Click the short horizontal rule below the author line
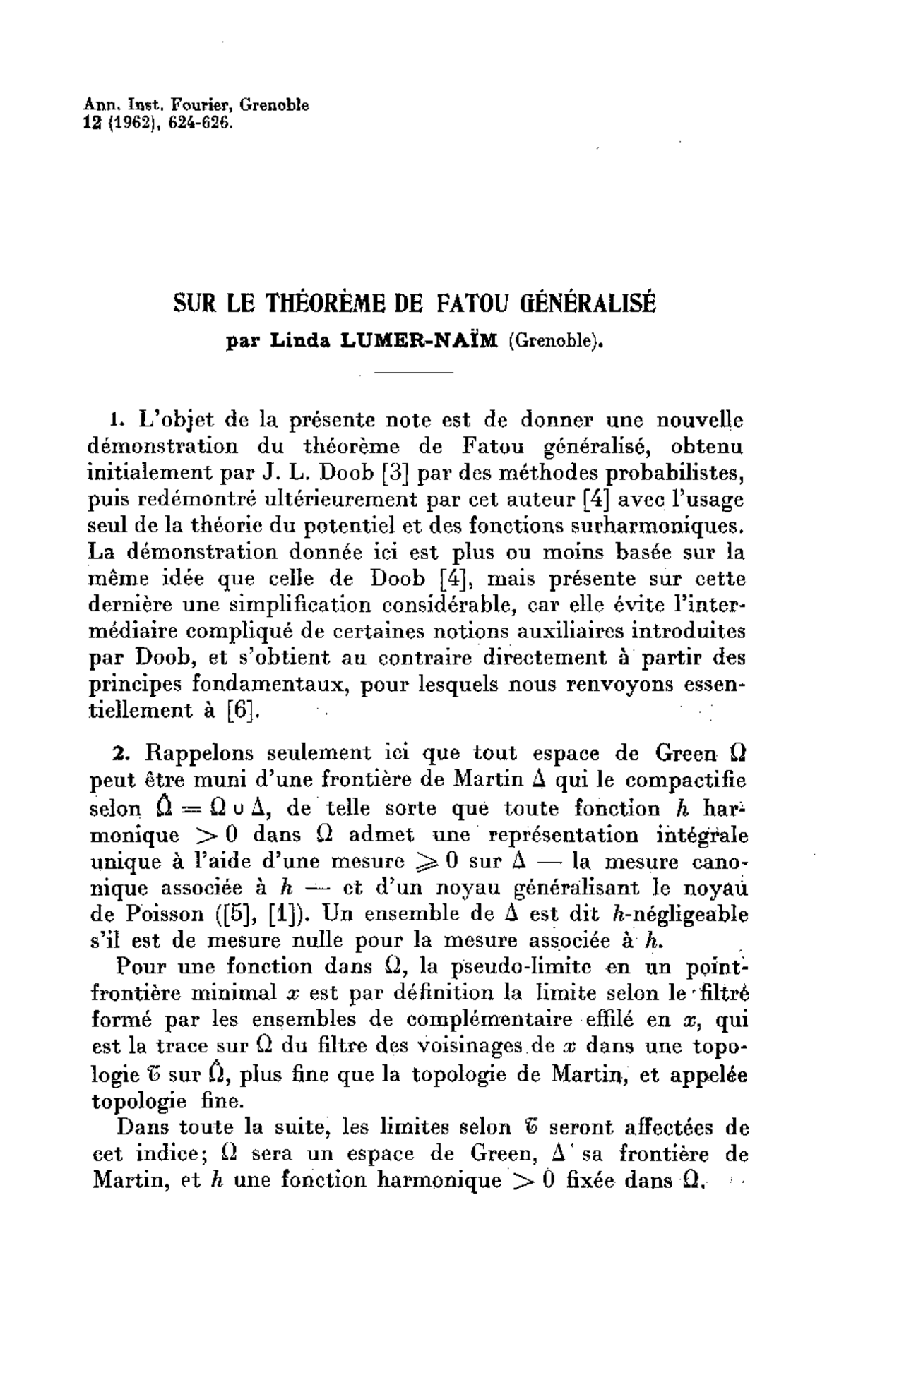pyautogui.click(x=412, y=372)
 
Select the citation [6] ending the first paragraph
pyautogui.click(x=239, y=710)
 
